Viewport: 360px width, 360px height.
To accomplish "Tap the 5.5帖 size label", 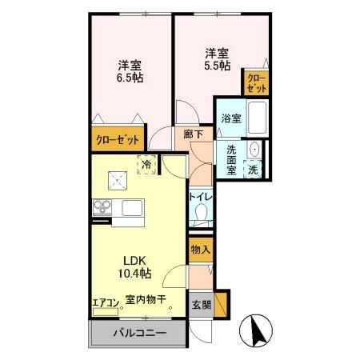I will tap(211, 66).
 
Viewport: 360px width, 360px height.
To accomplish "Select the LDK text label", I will tap(132, 260).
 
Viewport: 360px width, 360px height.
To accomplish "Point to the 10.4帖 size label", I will tap(132, 274).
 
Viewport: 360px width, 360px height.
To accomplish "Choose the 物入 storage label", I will tap(201, 250).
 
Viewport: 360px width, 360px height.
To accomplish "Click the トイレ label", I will tap(200, 197).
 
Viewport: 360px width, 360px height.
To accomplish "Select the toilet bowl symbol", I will tap(201, 213).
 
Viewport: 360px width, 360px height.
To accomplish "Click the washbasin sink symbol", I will tap(254, 150).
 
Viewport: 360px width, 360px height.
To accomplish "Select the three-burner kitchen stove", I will tap(102, 206).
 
